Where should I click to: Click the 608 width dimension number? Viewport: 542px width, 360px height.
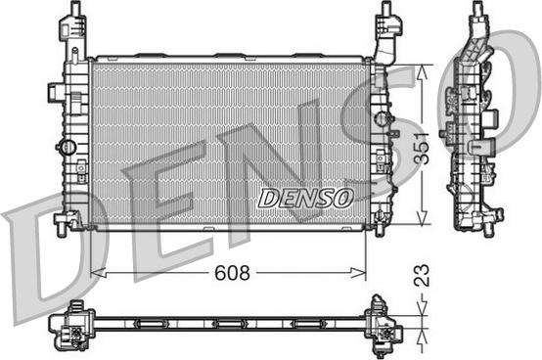click(232, 273)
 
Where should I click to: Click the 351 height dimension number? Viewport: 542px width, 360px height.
click(422, 148)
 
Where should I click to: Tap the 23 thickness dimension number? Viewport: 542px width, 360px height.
click(422, 275)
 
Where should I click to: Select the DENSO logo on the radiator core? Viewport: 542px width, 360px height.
click(306, 199)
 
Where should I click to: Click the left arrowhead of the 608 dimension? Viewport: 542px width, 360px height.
click(98, 273)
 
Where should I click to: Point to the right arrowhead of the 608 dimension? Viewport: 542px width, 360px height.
click(358, 273)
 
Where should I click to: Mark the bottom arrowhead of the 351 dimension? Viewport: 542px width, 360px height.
click(422, 217)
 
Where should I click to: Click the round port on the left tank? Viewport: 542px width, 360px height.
click(68, 147)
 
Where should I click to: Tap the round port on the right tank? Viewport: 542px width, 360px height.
click(382, 118)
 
